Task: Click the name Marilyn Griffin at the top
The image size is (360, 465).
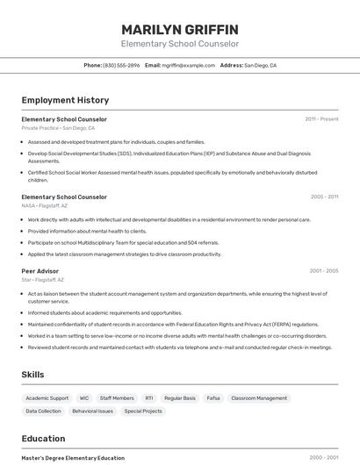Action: (180, 28)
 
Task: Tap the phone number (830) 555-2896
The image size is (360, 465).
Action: (121, 65)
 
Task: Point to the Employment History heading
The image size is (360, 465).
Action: (65, 100)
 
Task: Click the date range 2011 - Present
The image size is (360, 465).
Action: (321, 119)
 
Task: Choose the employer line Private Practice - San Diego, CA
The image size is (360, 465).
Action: (58, 128)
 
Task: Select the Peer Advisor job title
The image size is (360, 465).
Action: (40, 271)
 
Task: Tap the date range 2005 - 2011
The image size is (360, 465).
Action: (324, 197)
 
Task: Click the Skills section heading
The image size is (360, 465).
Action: (33, 375)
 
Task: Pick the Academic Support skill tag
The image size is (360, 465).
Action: (47, 398)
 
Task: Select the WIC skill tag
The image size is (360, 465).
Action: (84, 398)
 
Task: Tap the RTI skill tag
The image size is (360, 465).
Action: (149, 398)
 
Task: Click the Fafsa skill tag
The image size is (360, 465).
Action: (213, 398)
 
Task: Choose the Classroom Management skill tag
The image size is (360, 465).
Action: (259, 398)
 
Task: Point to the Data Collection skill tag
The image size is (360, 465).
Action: (44, 411)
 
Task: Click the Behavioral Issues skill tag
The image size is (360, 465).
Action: (92, 411)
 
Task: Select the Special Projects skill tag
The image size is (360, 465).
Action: (143, 411)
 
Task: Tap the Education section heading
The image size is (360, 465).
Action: (43, 439)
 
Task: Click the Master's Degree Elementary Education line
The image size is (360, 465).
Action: (73, 458)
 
